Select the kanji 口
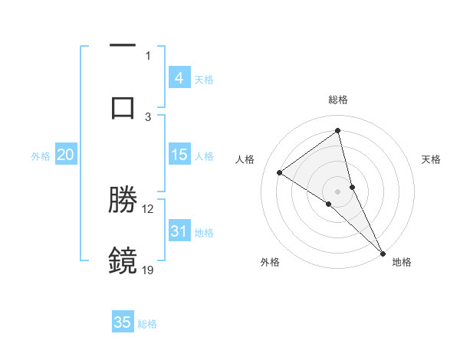123,107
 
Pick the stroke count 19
148,269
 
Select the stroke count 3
148,116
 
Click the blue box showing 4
179,78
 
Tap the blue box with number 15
179,155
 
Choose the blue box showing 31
179,231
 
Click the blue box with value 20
65,155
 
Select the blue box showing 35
123,322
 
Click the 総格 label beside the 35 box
147,324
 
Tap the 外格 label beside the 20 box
41,156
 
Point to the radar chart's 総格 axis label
338,100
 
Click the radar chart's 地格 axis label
402,262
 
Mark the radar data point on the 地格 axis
383,252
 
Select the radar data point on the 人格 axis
280,172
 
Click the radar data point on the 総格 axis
338,131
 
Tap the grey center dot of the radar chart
338,191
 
